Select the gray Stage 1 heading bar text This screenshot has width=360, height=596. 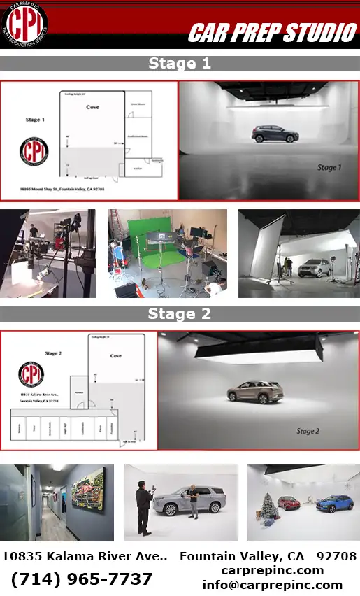click(x=180, y=64)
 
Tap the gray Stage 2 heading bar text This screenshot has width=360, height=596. click(x=180, y=314)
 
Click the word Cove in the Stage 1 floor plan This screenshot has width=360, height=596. click(x=92, y=107)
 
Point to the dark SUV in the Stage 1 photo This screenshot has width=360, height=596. click(x=273, y=134)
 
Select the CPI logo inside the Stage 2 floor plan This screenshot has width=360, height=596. click(x=31, y=374)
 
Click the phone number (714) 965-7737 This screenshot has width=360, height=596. click(x=82, y=579)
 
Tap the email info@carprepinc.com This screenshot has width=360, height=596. click(x=272, y=585)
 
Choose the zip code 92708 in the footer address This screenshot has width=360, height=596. click(x=336, y=557)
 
